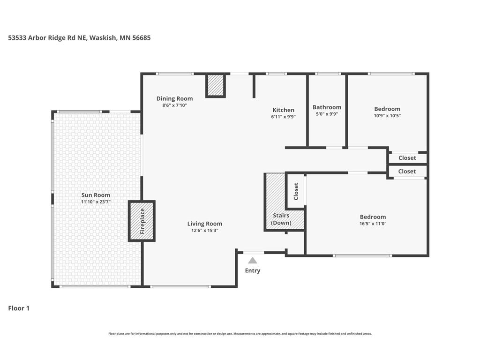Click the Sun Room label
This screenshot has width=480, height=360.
click(x=96, y=195)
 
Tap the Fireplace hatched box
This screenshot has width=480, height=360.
click(x=142, y=221)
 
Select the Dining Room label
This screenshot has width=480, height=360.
click(x=174, y=98)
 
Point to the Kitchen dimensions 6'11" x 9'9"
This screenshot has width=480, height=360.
click(x=283, y=117)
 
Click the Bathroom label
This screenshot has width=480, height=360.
click(x=327, y=107)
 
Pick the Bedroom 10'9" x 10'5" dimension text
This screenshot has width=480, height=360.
click(x=387, y=116)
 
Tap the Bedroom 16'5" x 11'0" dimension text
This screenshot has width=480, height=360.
click(x=373, y=224)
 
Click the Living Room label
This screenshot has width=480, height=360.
click(x=204, y=224)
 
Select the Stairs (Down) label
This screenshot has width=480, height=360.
click(x=281, y=219)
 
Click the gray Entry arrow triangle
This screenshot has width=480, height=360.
click(x=253, y=261)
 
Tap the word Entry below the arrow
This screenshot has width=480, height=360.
click(x=253, y=270)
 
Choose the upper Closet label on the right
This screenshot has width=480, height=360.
click(x=407, y=158)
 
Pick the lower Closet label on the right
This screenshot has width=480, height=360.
click(x=407, y=172)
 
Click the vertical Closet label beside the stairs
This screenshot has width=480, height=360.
click(x=296, y=191)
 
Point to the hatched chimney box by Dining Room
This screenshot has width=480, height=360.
click(x=216, y=85)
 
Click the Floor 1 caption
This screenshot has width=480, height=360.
click(x=19, y=308)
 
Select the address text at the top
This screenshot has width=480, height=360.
click(x=79, y=37)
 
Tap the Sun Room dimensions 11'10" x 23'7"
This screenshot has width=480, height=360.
click(x=96, y=202)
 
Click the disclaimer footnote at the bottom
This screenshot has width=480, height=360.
click(x=240, y=334)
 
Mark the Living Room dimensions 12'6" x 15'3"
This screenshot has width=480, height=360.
click(x=204, y=231)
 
